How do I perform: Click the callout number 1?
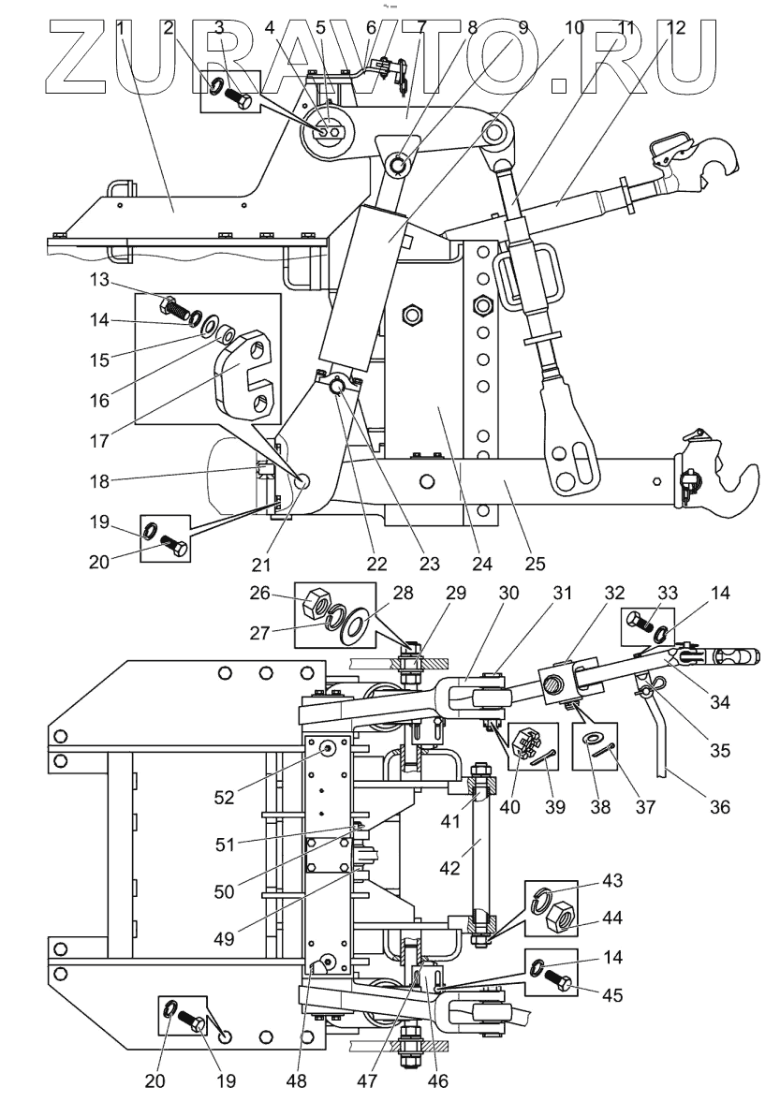pos(121,27)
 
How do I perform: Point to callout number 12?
pos(675,27)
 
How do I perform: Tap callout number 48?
pos(297,1080)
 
